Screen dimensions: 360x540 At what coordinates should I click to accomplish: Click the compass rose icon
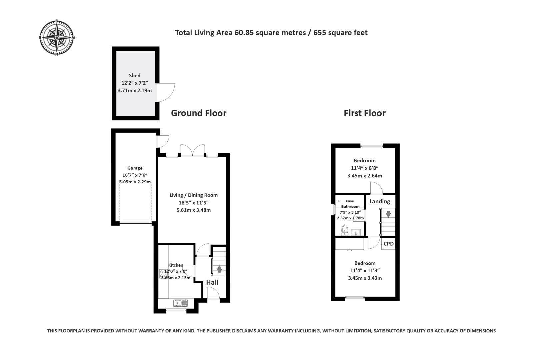[x=57, y=38]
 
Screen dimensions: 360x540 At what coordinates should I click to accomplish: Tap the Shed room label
[x=135, y=76]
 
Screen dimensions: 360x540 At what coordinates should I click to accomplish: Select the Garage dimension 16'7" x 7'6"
[x=135, y=175]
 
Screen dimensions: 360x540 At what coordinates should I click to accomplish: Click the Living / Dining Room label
[x=193, y=195]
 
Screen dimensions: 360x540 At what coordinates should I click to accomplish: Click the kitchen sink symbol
[x=180, y=303]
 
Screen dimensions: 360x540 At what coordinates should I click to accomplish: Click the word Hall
[x=212, y=282]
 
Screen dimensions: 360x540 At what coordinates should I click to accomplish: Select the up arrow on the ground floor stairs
[x=219, y=269]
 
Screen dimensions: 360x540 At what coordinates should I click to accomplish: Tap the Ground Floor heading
[x=198, y=113]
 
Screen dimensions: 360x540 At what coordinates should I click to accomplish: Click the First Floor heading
[x=364, y=113]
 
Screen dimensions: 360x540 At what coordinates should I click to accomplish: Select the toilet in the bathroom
[x=345, y=230]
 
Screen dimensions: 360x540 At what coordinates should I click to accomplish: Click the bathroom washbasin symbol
[x=356, y=232]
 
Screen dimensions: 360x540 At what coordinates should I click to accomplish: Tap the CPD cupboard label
[x=388, y=244]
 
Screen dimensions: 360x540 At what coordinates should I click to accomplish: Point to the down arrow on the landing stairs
[x=388, y=214]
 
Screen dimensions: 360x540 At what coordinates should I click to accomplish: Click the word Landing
[x=379, y=201]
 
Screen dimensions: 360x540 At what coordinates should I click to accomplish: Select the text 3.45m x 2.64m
[x=364, y=176]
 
